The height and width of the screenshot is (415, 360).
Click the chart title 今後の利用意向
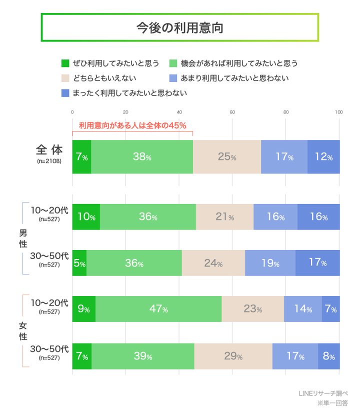pos(179,27)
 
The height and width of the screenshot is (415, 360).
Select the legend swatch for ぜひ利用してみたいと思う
pos(65,63)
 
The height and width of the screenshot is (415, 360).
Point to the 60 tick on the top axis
pos(232,112)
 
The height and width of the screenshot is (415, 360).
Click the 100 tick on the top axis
pos(339,112)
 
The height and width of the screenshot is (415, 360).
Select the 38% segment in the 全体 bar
pos(142,157)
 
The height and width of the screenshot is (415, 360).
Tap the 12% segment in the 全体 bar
pos(323,157)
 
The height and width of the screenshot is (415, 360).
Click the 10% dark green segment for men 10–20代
pos(86,217)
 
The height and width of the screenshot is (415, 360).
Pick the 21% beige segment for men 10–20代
pos(224,217)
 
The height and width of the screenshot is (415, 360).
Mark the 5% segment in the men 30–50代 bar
pos(79,263)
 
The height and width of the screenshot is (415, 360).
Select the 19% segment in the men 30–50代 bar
pos(270,263)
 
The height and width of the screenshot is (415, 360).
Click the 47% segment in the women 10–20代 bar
pos(158,309)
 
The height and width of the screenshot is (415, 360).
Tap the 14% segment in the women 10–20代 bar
pos(303,309)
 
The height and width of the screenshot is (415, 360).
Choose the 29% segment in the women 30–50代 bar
pos(233,356)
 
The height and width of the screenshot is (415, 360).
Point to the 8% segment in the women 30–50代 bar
pos(328,356)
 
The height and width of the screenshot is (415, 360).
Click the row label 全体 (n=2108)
pos(49,154)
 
